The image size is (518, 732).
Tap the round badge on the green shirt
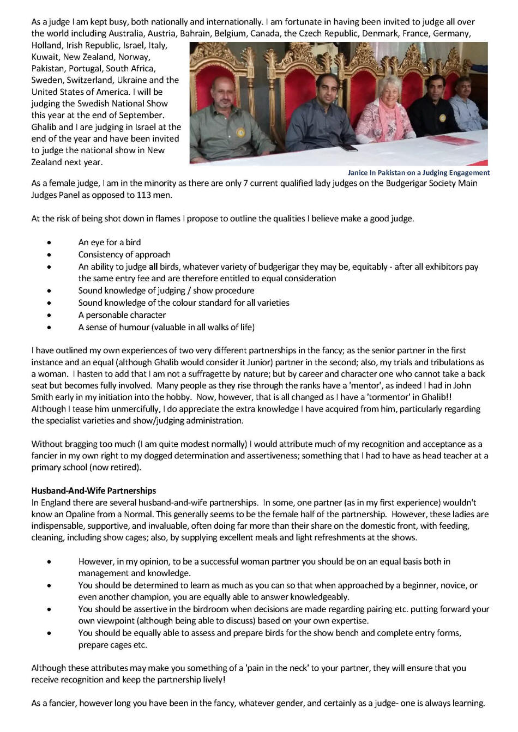241,132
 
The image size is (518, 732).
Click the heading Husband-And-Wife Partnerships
93,491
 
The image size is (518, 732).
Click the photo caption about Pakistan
418,173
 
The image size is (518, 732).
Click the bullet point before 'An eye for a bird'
50,243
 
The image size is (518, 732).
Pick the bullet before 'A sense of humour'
50,328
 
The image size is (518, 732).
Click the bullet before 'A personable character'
50,315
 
